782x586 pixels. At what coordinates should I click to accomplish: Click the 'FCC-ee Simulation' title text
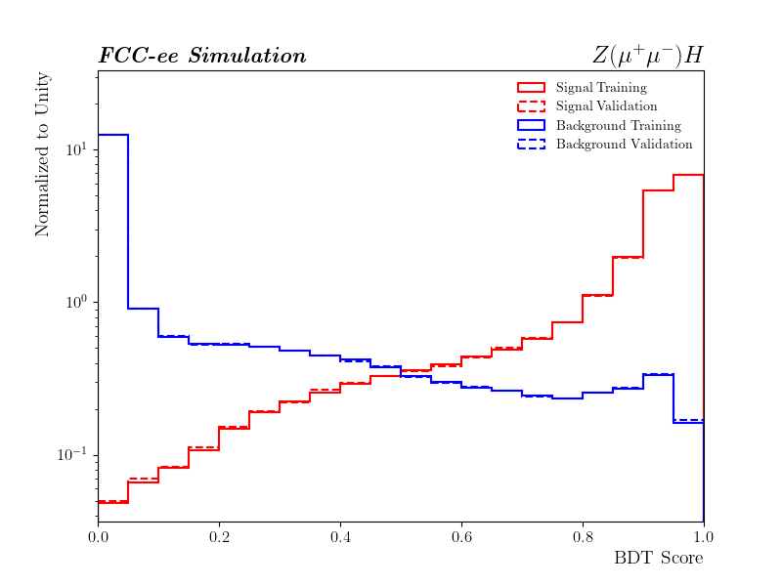pos(202,56)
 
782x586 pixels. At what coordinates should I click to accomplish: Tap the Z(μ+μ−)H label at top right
pos(647,55)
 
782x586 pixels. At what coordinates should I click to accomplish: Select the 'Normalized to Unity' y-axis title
pos(43,153)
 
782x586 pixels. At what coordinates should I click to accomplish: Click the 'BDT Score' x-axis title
pos(658,559)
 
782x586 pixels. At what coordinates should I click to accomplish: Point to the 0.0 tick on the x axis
pos(98,535)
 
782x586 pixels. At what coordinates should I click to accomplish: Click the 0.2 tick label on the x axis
pos(219,535)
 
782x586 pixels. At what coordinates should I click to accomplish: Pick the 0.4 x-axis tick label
pos(340,535)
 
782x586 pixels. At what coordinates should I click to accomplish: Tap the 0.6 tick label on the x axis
pos(461,535)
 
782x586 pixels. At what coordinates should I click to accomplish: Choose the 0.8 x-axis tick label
pos(583,535)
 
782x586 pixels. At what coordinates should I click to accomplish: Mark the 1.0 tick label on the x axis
pos(704,535)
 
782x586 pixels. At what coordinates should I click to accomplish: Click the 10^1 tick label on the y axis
pos(76,149)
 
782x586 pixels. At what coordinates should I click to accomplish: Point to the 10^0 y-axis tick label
pos(76,302)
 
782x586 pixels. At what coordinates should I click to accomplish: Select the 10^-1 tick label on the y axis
pos(74,454)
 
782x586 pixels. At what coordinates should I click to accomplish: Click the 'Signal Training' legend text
pos(601,88)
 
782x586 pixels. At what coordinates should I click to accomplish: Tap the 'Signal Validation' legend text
pos(606,106)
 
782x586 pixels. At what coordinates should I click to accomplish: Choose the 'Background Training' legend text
pos(618,126)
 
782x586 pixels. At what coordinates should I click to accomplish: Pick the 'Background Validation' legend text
pos(624,145)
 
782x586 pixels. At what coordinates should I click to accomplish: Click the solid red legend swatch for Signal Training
pos(531,88)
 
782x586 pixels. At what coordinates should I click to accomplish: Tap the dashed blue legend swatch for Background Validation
pos(531,145)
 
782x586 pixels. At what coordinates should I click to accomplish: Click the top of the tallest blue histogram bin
pos(112,135)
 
